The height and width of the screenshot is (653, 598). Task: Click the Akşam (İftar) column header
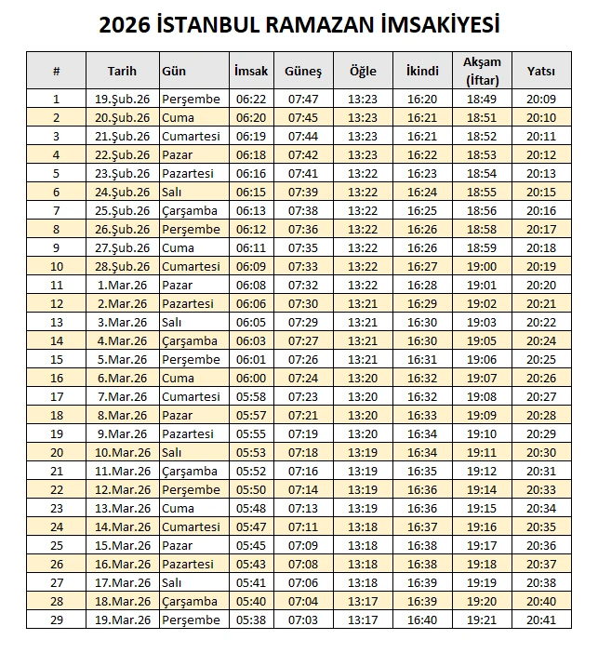click(x=482, y=71)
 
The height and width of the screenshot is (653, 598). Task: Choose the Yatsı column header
click(x=540, y=71)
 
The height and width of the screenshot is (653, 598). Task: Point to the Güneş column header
click(x=302, y=71)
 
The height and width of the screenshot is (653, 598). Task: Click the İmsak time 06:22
click(x=250, y=100)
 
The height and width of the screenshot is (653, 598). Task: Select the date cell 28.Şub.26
click(x=122, y=267)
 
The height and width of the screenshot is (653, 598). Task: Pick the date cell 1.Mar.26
click(x=122, y=286)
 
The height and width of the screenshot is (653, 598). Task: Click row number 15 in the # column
click(x=56, y=360)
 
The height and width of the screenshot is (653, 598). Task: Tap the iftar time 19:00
click(x=482, y=267)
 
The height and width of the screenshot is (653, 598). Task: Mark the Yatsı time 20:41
click(x=540, y=620)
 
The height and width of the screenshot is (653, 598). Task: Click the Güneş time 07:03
click(x=302, y=620)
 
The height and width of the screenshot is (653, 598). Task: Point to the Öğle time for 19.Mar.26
click(x=363, y=620)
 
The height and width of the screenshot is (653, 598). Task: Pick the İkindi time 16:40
click(x=422, y=620)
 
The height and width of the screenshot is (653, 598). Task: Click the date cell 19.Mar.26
click(x=122, y=620)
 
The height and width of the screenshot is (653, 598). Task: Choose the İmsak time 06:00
click(x=250, y=379)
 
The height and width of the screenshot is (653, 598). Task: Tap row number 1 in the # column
click(x=56, y=100)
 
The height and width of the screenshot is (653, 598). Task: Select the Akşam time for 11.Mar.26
click(x=482, y=472)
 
